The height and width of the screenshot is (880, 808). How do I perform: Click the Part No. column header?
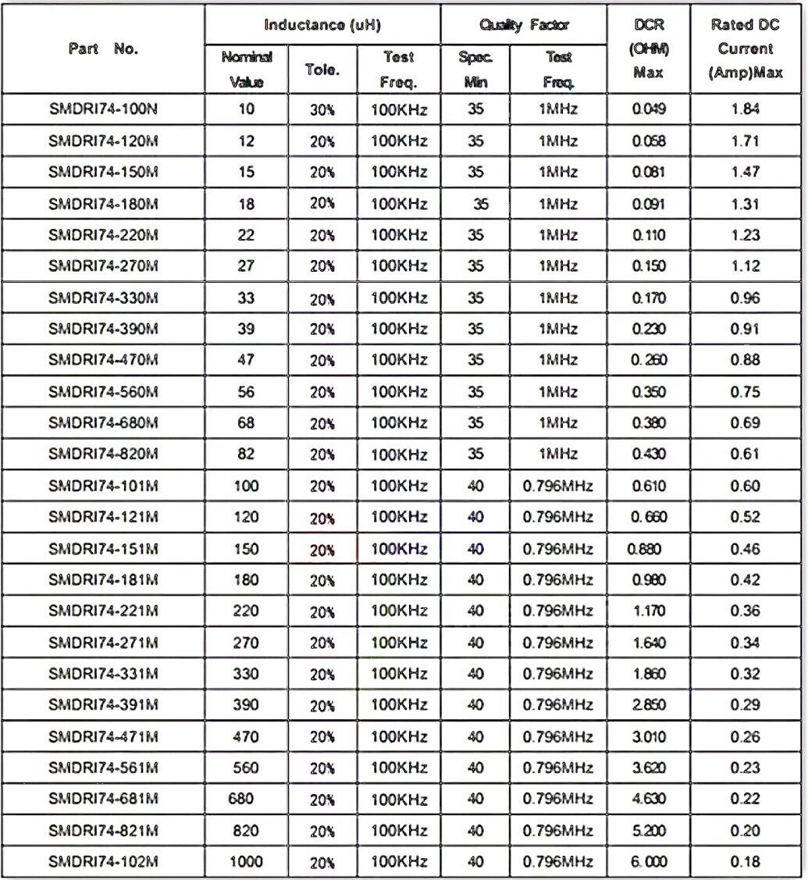click(103, 48)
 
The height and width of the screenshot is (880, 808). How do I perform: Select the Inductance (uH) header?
click(322, 25)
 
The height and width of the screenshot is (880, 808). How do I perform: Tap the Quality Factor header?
click(525, 25)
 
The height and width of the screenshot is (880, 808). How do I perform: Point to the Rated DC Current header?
click(745, 48)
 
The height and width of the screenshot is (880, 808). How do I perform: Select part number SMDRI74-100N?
click(104, 110)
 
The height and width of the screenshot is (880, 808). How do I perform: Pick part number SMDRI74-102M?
click(104, 861)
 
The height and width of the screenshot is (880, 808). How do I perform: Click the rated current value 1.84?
click(745, 110)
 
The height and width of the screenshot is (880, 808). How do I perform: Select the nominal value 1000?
click(246, 861)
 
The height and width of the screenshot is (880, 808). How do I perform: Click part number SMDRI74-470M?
click(104, 360)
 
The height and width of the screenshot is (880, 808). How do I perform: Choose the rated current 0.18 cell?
click(745, 861)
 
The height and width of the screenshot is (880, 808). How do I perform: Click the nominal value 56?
click(246, 392)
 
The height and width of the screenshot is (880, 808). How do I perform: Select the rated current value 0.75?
click(745, 392)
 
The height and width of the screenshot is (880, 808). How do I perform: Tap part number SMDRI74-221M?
click(104, 611)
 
